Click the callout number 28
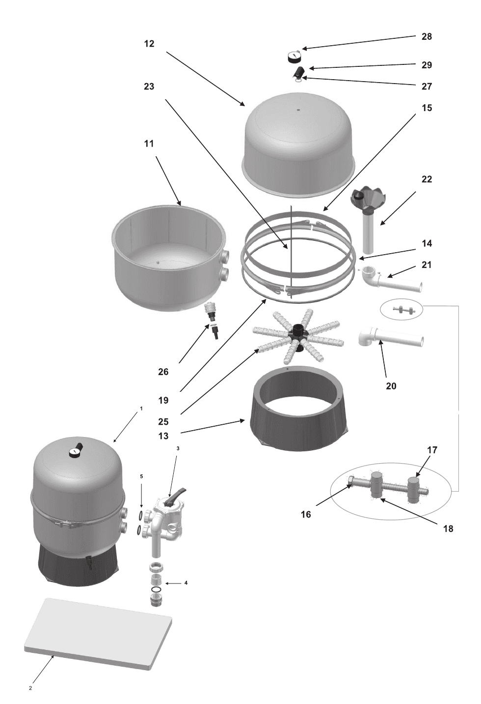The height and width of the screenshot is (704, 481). (x=427, y=37)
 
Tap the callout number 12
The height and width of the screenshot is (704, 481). (x=149, y=44)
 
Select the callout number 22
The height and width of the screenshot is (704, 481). (x=427, y=179)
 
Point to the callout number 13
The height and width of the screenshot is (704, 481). (x=163, y=436)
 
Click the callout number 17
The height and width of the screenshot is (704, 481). (x=432, y=450)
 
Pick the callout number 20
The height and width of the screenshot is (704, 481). (x=391, y=385)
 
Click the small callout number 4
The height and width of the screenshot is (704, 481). (x=186, y=583)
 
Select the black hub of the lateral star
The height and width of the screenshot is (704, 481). (x=297, y=335)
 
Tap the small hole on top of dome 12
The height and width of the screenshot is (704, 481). (x=298, y=110)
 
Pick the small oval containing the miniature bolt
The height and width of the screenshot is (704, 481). (x=401, y=310)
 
